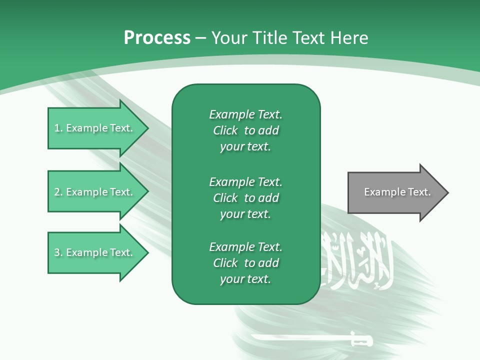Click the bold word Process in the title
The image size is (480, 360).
click(x=157, y=37)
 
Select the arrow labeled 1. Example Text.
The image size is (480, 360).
click(x=95, y=128)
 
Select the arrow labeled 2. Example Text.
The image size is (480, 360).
click(x=95, y=192)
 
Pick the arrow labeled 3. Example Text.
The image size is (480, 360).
click(x=95, y=252)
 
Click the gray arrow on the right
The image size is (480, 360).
click(x=395, y=192)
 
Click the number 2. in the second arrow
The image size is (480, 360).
click(x=58, y=192)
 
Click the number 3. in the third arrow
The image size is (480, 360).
click(x=58, y=252)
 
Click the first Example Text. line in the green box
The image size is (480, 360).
click(x=245, y=114)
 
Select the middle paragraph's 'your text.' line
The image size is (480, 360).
click(x=245, y=214)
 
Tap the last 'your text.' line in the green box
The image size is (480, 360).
click(x=245, y=279)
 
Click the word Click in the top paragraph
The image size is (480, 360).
click(x=225, y=130)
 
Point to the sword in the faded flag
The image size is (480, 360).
click(x=310, y=339)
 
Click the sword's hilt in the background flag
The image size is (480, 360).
click(x=361, y=340)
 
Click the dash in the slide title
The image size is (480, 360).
click(x=200, y=38)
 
